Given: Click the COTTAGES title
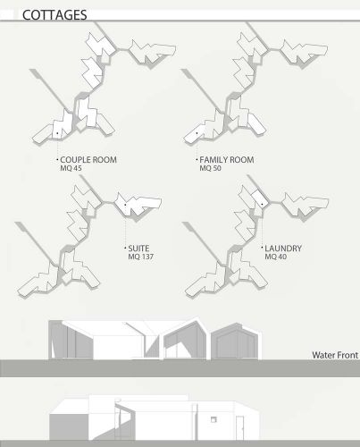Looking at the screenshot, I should coord(54,15).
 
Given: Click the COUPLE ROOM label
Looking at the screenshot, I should coord(88,160).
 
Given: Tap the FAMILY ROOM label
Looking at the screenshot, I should coord(229,160).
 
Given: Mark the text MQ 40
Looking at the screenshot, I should coord(274,257).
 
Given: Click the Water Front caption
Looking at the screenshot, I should coord(335,355).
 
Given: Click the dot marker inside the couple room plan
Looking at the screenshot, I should coord(56,134).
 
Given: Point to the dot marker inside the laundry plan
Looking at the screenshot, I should coord(261,205).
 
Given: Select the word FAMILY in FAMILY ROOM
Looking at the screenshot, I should coord(215,160).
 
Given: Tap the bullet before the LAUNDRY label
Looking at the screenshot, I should coord(262,249).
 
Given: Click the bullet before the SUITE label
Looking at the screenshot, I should coord(127,249).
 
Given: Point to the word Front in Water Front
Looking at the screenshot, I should coord(347,355).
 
